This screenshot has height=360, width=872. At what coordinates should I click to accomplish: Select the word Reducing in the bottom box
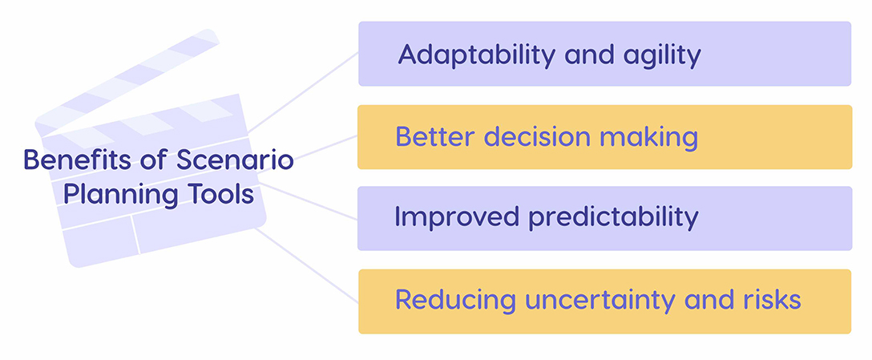click(455, 300)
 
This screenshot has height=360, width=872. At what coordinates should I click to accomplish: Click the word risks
click(770, 300)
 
